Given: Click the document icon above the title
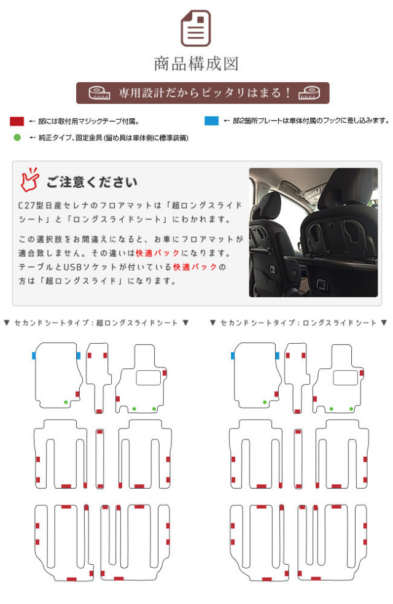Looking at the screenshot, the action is coord(196,28).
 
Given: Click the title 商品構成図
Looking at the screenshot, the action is coord(196,64).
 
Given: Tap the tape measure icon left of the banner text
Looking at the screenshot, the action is coord(99,93).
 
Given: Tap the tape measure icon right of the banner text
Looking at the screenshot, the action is coord(309,93).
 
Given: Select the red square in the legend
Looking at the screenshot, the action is coord(17,122).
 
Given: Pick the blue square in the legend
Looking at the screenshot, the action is coord(211,121).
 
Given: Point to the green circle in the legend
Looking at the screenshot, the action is coord(17,137).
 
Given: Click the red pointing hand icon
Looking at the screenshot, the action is coord(29,179).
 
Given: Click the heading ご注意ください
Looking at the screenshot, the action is coord(91,182).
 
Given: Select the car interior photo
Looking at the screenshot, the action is coord(313,232).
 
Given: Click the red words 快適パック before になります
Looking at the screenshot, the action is coord(158,253).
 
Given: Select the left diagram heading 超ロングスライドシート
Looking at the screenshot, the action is coord(137,323).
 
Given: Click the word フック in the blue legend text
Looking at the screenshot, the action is coord(332,120).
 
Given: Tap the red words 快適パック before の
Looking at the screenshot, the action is coord(195,267).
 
